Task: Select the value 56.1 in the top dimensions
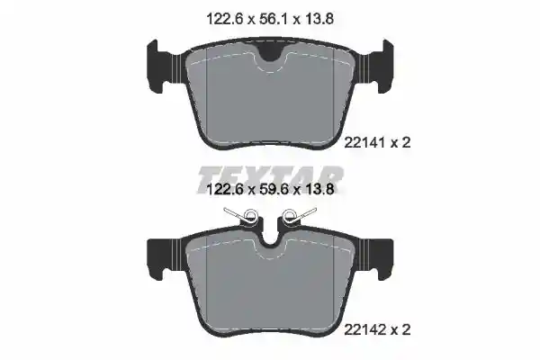pos(274,19)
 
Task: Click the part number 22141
pos(365,142)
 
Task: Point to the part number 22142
pos(365,329)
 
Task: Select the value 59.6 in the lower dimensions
pos(274,189)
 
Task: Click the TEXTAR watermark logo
pos(271,178)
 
